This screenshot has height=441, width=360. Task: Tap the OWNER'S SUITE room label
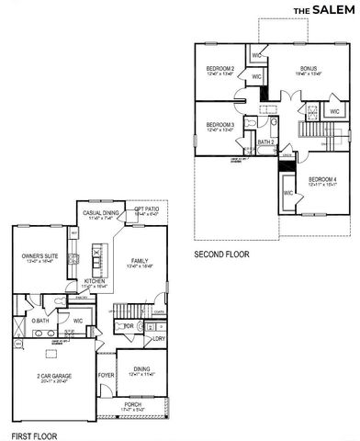(34, 256)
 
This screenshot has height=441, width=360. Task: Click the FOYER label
(107, 374)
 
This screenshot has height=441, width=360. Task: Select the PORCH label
(134, 404)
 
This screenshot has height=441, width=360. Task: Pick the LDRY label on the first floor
(159, 339)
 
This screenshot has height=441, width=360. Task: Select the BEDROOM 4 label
(322, 179)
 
